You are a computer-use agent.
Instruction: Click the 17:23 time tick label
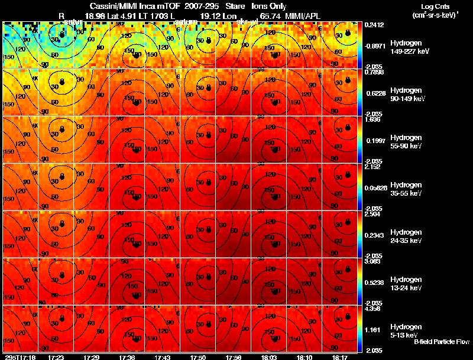pyautogui.click(x=57, y=357)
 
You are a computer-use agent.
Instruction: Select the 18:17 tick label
pyautogui.click(x=339, y=357)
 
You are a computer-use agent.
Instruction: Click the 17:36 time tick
pyautogui.click(x=127, y=357)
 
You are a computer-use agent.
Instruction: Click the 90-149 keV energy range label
pyautogui.click(x=406, y=99)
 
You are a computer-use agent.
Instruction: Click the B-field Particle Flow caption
pyautogui.click(x=441, y=342)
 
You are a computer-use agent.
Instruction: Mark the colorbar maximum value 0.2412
pyautogui.click(x=373, y=25)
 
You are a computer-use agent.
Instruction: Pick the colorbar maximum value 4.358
pyautogui.click(x=372, y=308)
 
